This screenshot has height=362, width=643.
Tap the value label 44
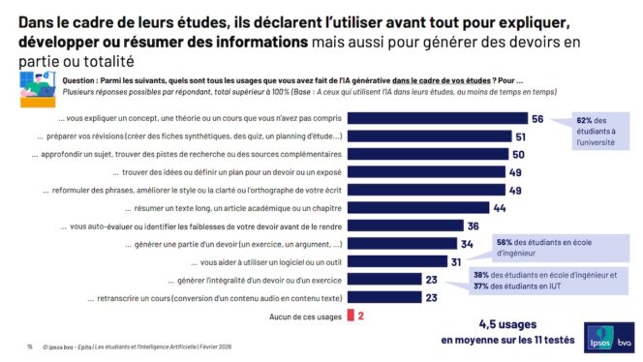499,208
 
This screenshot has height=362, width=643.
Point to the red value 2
361,316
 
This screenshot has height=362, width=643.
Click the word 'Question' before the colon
84,80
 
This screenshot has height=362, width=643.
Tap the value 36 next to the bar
473,226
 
